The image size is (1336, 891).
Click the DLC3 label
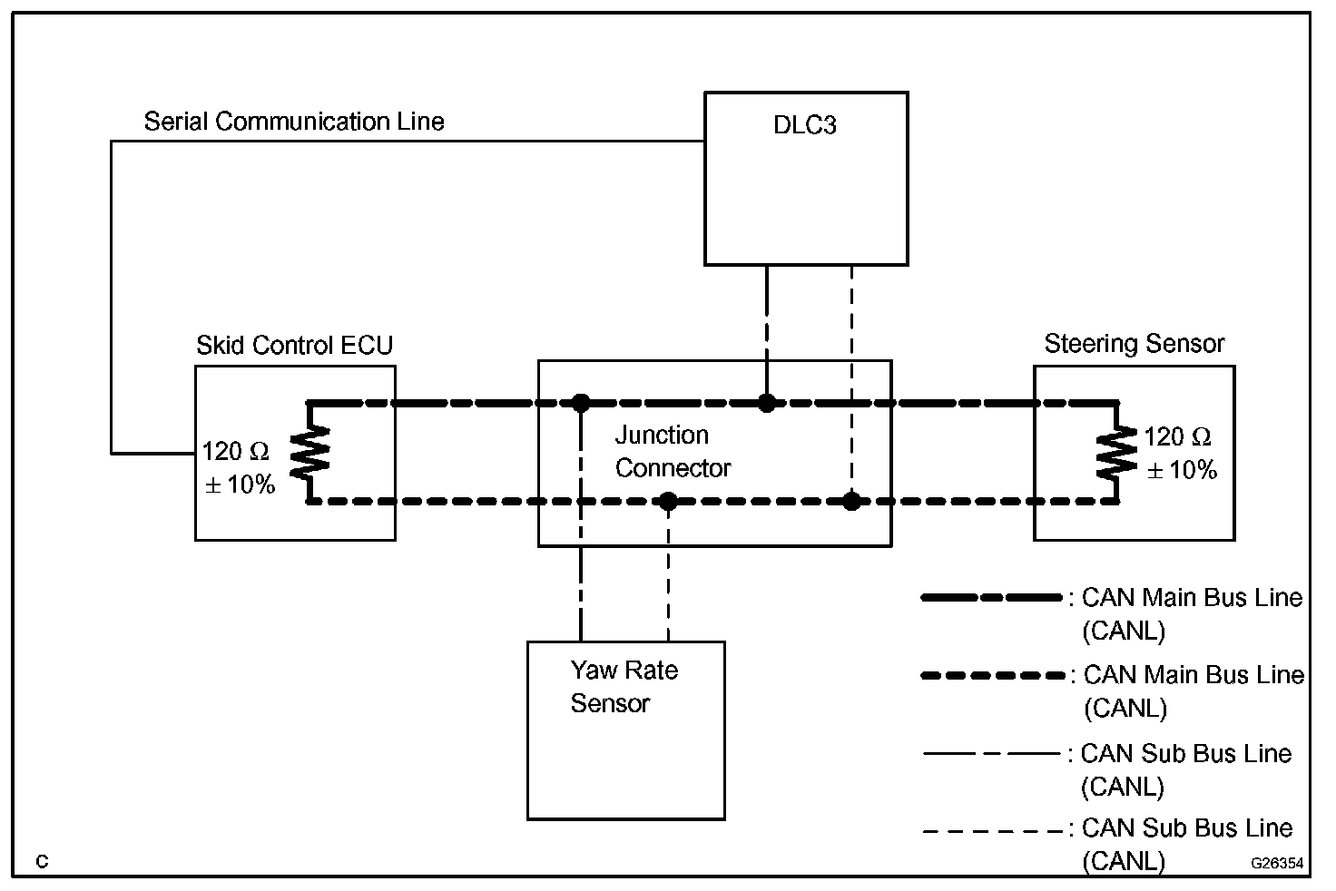tap(804, 125)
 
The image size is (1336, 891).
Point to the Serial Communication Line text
tap(294, 122)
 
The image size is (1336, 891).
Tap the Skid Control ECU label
tap(294, 346)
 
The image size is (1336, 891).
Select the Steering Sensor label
tap(1134, 344)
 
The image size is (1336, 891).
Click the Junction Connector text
tap(673, 452)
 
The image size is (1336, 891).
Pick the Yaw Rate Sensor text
tap(624, 687)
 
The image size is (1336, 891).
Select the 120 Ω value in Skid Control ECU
tap(235, 452)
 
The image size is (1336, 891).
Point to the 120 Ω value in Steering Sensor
tap(1177, 437)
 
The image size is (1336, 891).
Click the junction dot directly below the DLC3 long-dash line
tap(767, 402)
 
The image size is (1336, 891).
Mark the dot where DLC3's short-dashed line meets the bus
tap(851, 501)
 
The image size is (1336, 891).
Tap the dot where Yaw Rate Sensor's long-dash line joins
tap(581, 402)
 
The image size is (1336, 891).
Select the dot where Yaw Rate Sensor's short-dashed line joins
tap(668, 501)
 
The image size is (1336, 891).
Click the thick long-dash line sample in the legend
tap(991, 598)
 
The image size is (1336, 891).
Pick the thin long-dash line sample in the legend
tap(991, 753)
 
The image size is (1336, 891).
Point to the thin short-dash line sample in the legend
tap(991, 830)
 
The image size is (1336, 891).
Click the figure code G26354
tap(1277, 863)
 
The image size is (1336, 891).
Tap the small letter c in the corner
tap(42, 861)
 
